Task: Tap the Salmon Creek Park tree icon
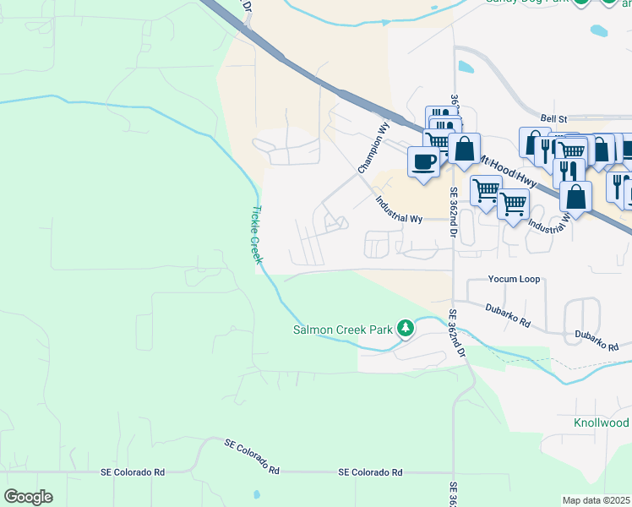coord(406,327)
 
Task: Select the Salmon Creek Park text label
coord(343,330)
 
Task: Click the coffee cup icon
coord(423,161)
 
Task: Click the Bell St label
coord(551,120)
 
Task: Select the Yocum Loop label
coord(514,279)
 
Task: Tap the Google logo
coord(28,497)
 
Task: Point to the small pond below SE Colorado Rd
coord(255,494)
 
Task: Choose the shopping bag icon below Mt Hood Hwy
coord(575,196)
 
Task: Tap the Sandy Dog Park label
coord(526,3)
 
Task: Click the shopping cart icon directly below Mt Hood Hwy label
coord(486,190)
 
